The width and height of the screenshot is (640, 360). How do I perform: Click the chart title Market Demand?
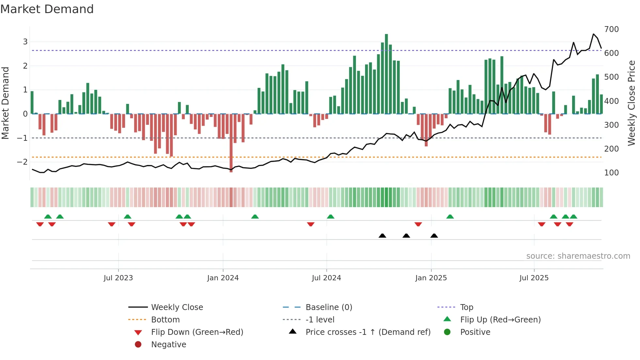tap(47, 9)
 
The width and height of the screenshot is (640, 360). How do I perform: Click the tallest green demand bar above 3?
tap(386, 74)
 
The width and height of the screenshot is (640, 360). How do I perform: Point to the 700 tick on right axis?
tap(611, 29)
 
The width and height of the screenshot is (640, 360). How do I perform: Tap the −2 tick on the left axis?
tap(22, 162)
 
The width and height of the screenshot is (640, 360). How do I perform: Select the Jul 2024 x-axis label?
tap(326, 278)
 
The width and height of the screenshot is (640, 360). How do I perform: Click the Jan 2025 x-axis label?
tap(431, 278)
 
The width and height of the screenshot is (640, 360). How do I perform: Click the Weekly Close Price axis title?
tap(632, 103)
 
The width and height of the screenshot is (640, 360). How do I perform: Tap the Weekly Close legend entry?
tap(177, 307)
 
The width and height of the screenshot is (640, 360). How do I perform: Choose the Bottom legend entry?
tap(165, 320)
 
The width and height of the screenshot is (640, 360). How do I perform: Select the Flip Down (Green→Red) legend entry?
tap(197, 332)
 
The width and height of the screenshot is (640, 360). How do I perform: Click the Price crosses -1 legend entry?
tap(368, 332)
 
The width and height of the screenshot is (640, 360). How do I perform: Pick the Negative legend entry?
tap(168, 345)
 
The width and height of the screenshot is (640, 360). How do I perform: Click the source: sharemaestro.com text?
tap(578, 256)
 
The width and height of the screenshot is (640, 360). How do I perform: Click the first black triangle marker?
tap(382, 236)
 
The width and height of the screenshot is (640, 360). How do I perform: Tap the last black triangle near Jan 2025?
tap(434, 236)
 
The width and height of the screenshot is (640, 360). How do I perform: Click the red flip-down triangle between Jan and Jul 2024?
tap(311, 224)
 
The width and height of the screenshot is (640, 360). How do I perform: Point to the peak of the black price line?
tap(594, 34)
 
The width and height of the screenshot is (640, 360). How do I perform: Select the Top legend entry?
tap(466, 307)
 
